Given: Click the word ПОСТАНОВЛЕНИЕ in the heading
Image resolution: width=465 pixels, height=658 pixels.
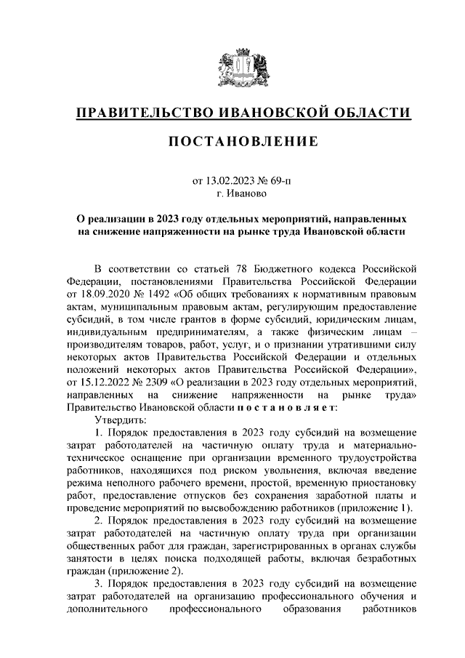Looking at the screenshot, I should (243, 142).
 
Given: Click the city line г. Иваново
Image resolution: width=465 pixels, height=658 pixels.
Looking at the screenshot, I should (243, 193).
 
